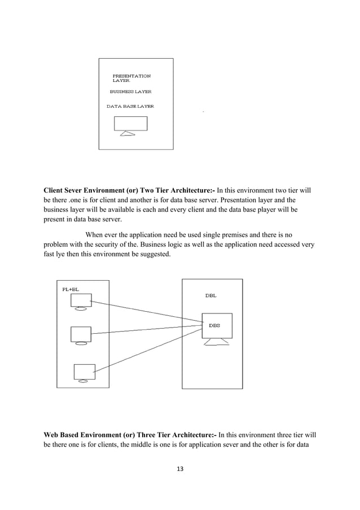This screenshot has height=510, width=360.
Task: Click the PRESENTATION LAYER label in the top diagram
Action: pyautogui.click(x=131, y=78)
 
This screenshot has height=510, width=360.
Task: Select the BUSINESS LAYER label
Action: pyautogui.click(x=130, y=91)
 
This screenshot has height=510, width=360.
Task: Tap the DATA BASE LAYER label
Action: pyautogui.click(x=130, y=106)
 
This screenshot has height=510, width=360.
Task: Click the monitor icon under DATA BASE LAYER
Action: pyautogui.click(x=130, y=124)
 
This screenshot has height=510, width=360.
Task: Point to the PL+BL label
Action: pyautogui.click(x=71, y=289)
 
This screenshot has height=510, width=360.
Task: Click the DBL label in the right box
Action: pyautogui.click(x=210, y=295)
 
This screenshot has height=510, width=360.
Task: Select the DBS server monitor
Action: pyautogui.click(x=217, y=326)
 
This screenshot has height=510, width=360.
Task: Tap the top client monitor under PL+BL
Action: pyautogui.click(x=81, y=300)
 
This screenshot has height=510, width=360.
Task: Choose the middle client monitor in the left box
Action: pyautogui.click(x=81, y=334)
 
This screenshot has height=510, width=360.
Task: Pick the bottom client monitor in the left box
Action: pyautogui.click(x=85, y=372)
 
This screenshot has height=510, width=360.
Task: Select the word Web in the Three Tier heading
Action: pyautogui.click(x=52, y=435)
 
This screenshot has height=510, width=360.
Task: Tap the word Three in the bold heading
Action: pyautogui.click(x=158, y=435)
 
